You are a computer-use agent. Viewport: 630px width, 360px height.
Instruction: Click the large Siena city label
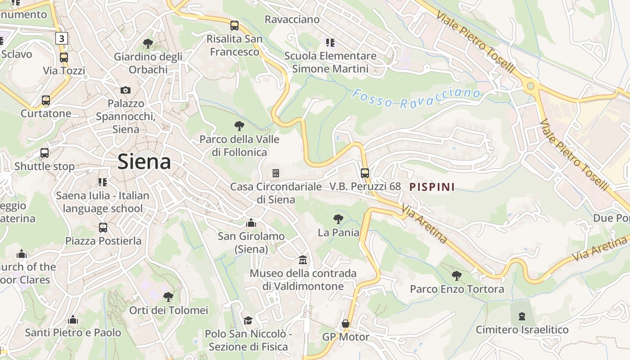144,162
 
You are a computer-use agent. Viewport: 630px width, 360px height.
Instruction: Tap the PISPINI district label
432,187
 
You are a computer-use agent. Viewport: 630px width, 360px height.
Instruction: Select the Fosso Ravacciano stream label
416,99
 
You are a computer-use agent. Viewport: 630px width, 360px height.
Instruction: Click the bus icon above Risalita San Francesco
234,26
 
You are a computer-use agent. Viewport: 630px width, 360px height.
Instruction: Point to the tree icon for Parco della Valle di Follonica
239,126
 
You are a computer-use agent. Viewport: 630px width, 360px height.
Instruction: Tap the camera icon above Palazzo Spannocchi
126,90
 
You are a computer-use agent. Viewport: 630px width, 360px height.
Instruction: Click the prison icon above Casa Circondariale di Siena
276,173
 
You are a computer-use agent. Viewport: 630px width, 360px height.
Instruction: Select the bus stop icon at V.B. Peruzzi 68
365,173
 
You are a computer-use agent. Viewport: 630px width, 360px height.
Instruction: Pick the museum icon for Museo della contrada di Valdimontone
303,260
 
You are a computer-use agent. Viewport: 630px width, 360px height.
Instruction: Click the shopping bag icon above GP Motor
346,324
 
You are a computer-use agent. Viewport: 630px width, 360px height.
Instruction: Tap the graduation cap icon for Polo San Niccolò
248,320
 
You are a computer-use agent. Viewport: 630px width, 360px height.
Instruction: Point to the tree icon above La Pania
338,219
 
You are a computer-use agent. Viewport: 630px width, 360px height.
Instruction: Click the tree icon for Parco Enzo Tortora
457,275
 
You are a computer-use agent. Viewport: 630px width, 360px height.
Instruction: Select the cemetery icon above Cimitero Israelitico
522,316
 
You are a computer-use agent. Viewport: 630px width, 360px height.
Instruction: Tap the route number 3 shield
62,38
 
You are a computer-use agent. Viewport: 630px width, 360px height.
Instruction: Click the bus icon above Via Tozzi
64,58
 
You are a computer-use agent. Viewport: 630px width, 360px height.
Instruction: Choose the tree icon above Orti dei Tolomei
168,297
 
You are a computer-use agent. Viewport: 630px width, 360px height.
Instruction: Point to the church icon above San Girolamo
251,223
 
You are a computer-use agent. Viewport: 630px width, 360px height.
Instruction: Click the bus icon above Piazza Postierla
103,228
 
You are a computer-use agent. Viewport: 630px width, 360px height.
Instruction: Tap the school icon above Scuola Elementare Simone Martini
330,43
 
